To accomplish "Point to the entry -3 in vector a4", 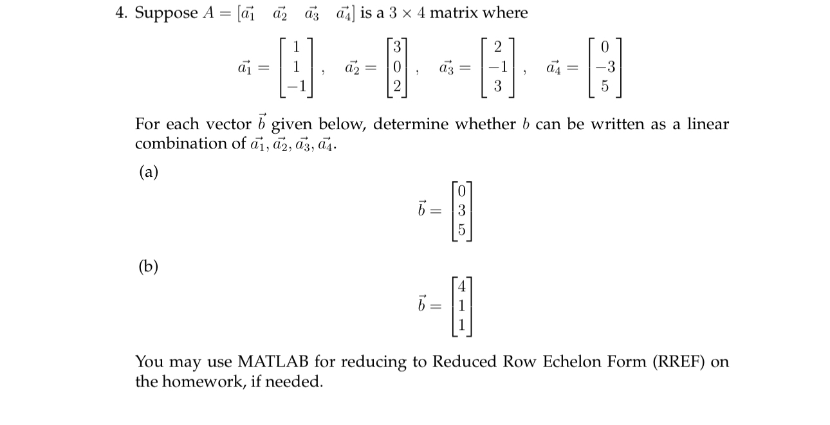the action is (602, 67).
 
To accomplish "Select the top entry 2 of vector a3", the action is (497, 47).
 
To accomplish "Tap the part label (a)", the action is (147, 172).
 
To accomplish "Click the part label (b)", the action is (147, 267).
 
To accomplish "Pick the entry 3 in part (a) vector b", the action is (462, 210).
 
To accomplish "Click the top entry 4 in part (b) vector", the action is (462, 285).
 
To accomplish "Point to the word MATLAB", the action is (274, 362).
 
